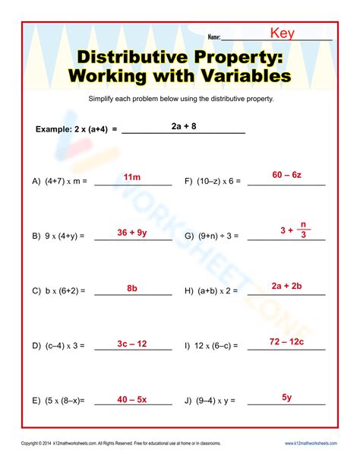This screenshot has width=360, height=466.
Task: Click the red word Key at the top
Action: [x=283, y=33]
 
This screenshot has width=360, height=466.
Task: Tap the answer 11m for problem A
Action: [x=132, y=177]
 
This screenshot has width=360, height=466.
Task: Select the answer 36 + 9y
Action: [x=132, y=233]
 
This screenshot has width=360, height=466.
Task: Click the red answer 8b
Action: [x=132, y=288]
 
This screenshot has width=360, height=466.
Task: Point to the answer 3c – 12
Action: [x=132, y=344]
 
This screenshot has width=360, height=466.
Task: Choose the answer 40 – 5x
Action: [x=132, y=399]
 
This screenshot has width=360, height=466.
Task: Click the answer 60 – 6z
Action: [x=287, y=175]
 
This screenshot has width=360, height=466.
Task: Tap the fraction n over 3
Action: [x=303, y=230]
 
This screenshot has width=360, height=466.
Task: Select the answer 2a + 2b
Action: [x=287, y=286]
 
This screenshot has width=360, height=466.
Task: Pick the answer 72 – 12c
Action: [x=287, y=341]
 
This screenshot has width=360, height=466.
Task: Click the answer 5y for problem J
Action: [x=287, y=397]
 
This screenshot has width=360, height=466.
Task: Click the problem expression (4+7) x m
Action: [x=65, y=182]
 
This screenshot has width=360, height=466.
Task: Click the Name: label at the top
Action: [x=213, y=36]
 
